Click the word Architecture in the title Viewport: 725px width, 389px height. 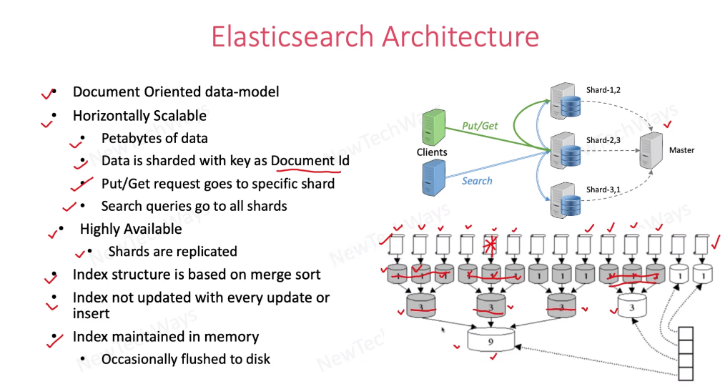click(x=461, y=36)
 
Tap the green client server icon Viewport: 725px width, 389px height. click(x=434, y=127)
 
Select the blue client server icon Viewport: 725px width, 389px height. click(x=434, y=177)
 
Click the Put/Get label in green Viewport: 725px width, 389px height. click(x=480, y=126)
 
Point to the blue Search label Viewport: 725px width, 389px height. click(x=477, y=181)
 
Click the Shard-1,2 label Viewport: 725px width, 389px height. click(x=603, y=90)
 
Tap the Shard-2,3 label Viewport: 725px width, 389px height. click(x=603, y=140)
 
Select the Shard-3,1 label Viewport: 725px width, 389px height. click(x=603, y=189)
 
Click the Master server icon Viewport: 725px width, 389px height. click(x=651, y=150)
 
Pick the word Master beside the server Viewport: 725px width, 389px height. click(x=681, y=150)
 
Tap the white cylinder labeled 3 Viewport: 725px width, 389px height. click(x=631, y=306)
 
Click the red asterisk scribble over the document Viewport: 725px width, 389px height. click(x=490, y=245)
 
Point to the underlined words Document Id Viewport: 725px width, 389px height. click(x=310, y=161)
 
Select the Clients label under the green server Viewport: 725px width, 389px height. click(x=432, y=152)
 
